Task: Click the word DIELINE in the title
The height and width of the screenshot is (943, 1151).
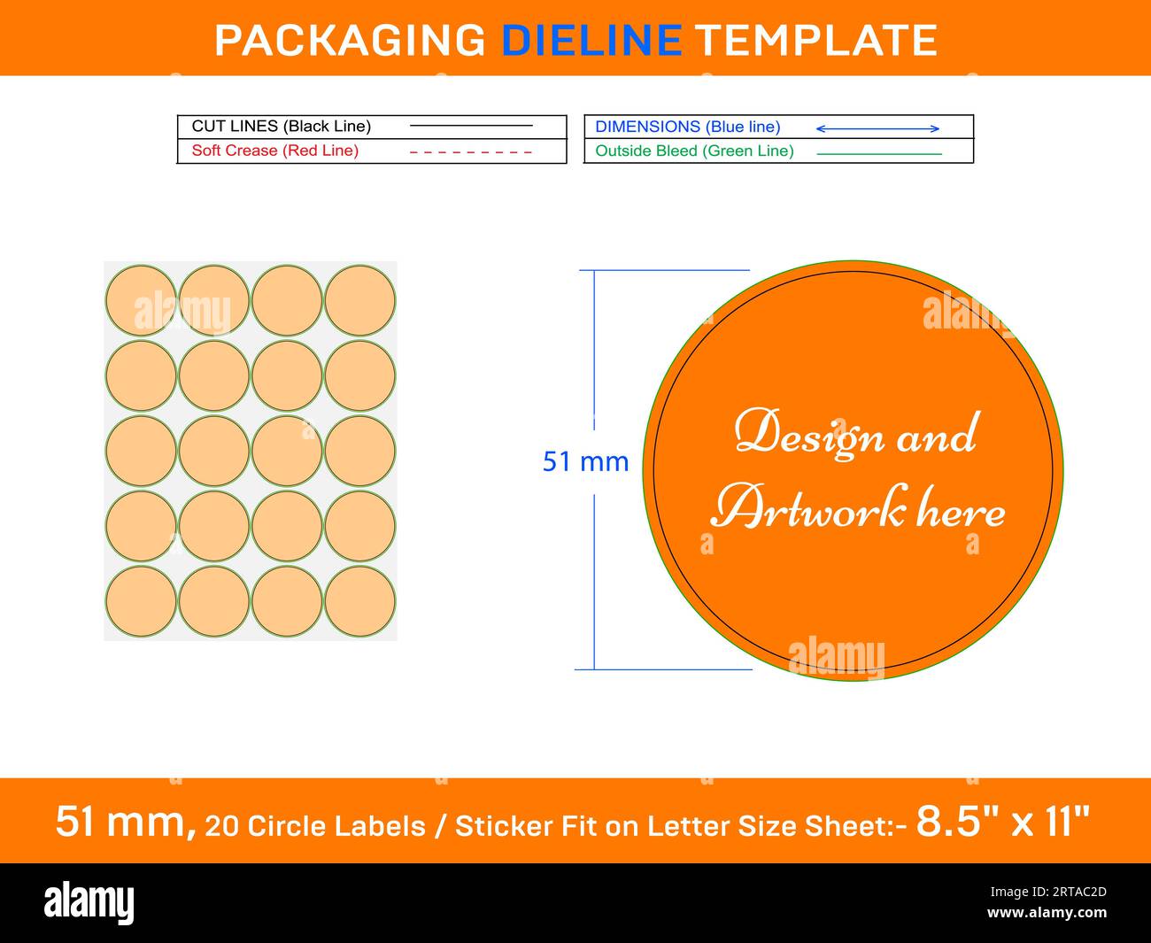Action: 591,40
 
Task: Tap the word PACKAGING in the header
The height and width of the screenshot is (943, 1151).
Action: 350,40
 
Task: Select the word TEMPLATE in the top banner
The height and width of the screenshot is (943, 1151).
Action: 815,40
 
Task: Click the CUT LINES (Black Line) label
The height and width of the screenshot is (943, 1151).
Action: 282,127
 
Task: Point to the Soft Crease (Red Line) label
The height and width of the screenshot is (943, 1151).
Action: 275,151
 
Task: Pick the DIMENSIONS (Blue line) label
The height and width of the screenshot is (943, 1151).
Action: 688,127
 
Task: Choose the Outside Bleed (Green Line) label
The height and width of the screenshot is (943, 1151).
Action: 694,151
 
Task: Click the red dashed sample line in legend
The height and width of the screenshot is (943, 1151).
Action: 470,152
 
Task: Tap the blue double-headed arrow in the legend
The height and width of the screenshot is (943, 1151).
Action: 877,128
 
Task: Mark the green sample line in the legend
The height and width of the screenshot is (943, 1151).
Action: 879,154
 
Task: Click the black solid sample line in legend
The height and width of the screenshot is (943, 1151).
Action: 471,126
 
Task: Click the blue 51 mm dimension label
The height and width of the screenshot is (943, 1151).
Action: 585,461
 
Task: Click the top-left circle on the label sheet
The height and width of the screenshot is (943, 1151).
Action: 141,300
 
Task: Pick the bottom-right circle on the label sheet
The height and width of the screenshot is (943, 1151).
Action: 359,601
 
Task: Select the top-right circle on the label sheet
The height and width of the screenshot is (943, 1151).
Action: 359,300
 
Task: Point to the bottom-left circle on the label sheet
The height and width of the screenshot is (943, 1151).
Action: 141,601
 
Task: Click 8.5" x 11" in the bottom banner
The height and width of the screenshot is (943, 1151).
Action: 1003,822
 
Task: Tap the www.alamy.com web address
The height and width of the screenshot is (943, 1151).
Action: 1047,913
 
